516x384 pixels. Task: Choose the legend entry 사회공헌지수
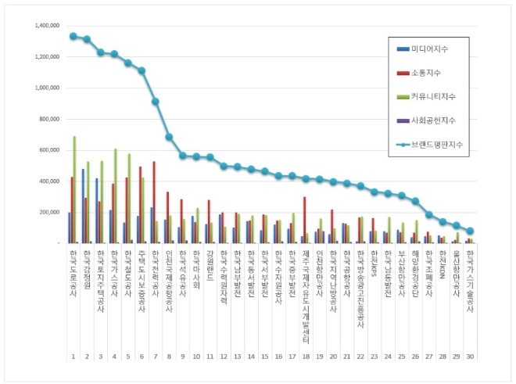click(x=435, y=120)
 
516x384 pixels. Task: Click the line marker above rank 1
click(x=73, y=36)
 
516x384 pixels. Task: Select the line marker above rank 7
click(x=156, y=102)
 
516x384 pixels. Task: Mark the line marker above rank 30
click(x=469, y=231)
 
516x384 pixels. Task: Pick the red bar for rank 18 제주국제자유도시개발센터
click(x=304, y=220)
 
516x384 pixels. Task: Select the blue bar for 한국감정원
click(x=83, y=206)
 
